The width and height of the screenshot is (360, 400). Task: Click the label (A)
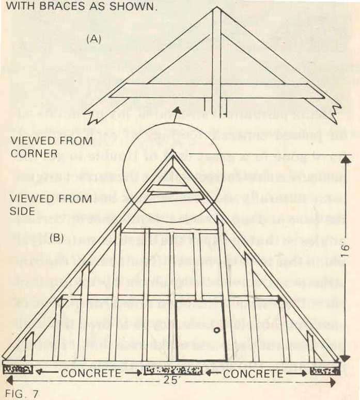pyautogui.click(x=94, y=39)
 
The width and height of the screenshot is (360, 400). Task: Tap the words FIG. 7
pyautogui.click(x=19, y=394)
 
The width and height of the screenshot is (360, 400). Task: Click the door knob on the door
pyautogui.click(x=217, y=330)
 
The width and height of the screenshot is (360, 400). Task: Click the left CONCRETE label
pyautogui.click(x=91, y=373)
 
